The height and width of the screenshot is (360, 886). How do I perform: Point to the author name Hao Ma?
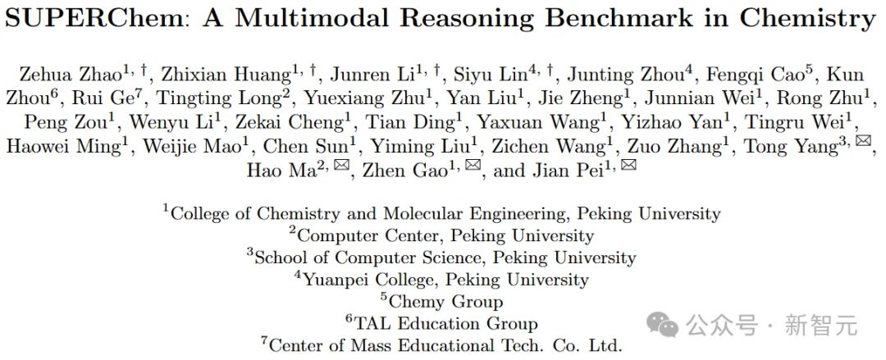pos(279,171)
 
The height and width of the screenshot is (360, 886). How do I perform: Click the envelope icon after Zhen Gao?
pos(473,167)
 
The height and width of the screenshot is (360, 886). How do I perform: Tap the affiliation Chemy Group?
pos(447,301)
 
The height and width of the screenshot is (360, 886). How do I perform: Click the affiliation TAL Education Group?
pos(446,323)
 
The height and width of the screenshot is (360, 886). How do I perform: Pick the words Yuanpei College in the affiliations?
pos(370,280)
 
